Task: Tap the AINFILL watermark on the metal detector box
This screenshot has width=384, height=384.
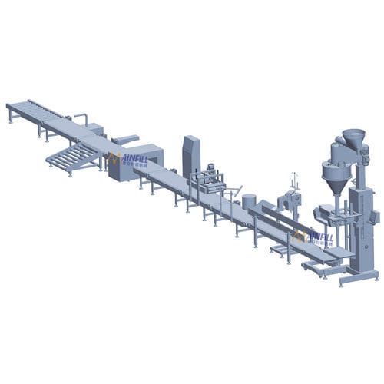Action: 126,160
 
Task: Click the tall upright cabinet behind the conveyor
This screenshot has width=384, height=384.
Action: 190,154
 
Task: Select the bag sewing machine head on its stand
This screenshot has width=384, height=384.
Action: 287,201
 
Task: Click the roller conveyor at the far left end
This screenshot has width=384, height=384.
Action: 31,108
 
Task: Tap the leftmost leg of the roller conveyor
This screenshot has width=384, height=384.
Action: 11,117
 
